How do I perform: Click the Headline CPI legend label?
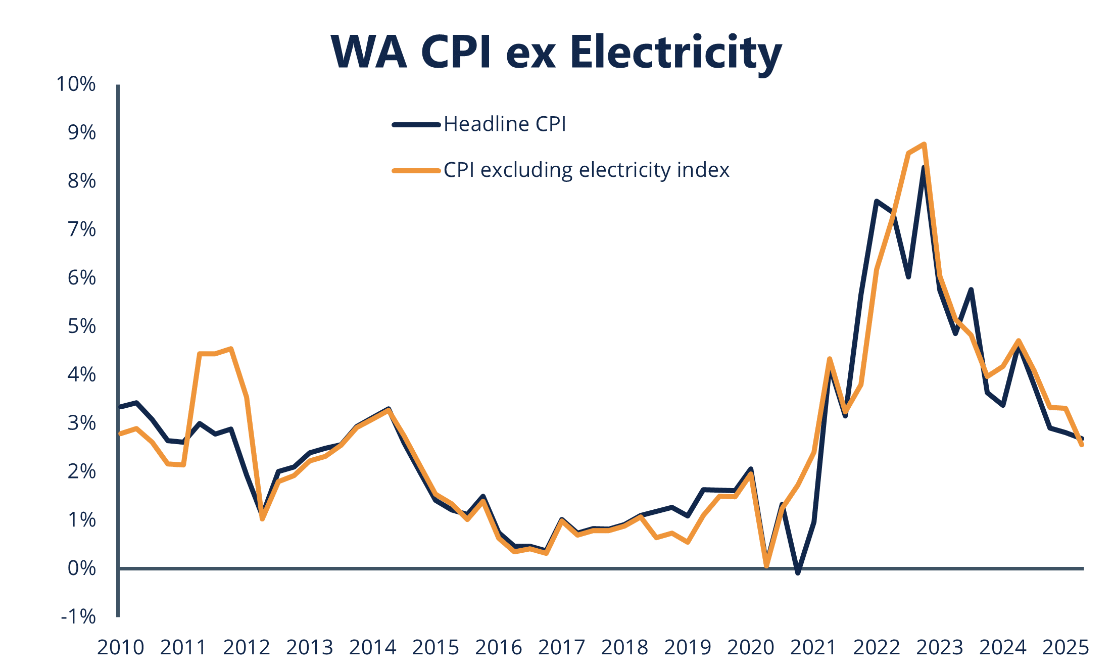(x=505, y=124)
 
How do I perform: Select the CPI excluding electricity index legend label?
(x=586, y=170)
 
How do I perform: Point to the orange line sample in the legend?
(x=416, y=171)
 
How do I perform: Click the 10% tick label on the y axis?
(x=76, y=84)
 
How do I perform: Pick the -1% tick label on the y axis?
(x=78, y=617)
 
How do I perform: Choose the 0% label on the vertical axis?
(x=82, y=568)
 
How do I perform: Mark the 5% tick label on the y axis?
(x=82, y=326)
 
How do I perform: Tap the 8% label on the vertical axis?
(x=82, y=181)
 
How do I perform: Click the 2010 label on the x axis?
(x=120, y=648)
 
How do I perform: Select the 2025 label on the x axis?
(x=1066, y=648)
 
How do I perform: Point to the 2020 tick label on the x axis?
(x=750, y=648)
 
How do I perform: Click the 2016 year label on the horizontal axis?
(x=498, y=648)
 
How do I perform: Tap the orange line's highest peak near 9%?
(x=924, y=145)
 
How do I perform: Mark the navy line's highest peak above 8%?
(x=924, y=168)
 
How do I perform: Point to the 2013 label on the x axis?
(x=309, y=648)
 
